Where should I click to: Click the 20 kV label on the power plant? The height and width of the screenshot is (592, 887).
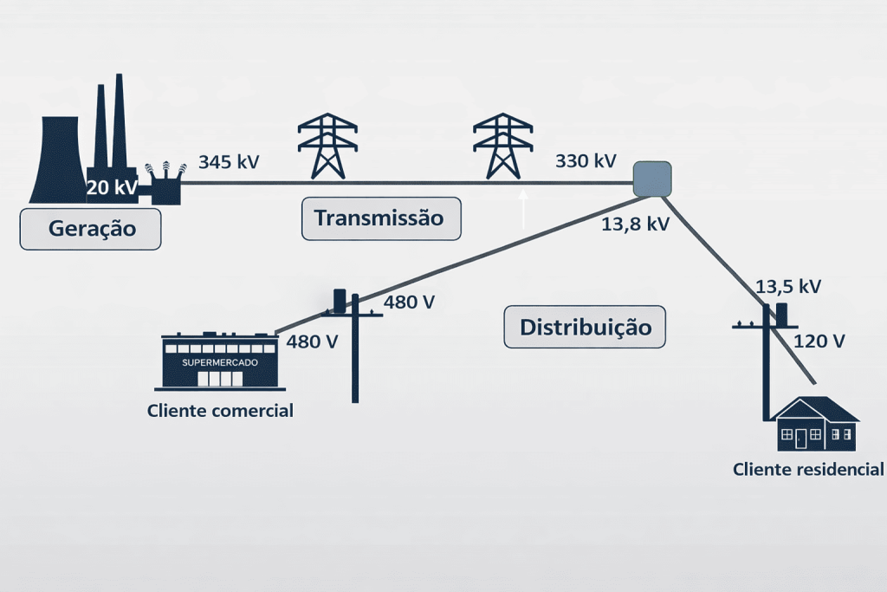click(113, 187)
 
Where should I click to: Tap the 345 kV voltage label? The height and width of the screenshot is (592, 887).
click(229, 161)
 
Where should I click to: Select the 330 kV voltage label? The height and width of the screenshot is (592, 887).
click(586, 160)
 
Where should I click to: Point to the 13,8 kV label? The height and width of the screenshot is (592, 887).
click(635, 224)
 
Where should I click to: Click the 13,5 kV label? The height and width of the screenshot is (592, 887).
click(788, 287)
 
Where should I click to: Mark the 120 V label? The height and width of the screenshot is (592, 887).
click(819, 341)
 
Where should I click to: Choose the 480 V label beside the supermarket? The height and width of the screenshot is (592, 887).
click(312, 342)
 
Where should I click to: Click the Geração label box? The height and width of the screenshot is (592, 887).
click(91, 229)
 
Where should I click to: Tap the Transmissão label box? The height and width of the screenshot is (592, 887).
click(380, 218)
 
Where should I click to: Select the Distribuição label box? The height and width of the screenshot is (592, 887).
click(585, 328)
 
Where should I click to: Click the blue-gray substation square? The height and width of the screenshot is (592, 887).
click(652, 179)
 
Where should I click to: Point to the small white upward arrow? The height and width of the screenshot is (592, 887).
click(523, 208)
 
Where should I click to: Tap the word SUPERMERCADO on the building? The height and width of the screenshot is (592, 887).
click(219, 361)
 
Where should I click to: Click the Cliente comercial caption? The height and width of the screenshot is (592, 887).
click(221, 411)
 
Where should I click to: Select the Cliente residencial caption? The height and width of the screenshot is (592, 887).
click(807, 470)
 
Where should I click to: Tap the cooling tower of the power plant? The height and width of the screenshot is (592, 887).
click(56, 165)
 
